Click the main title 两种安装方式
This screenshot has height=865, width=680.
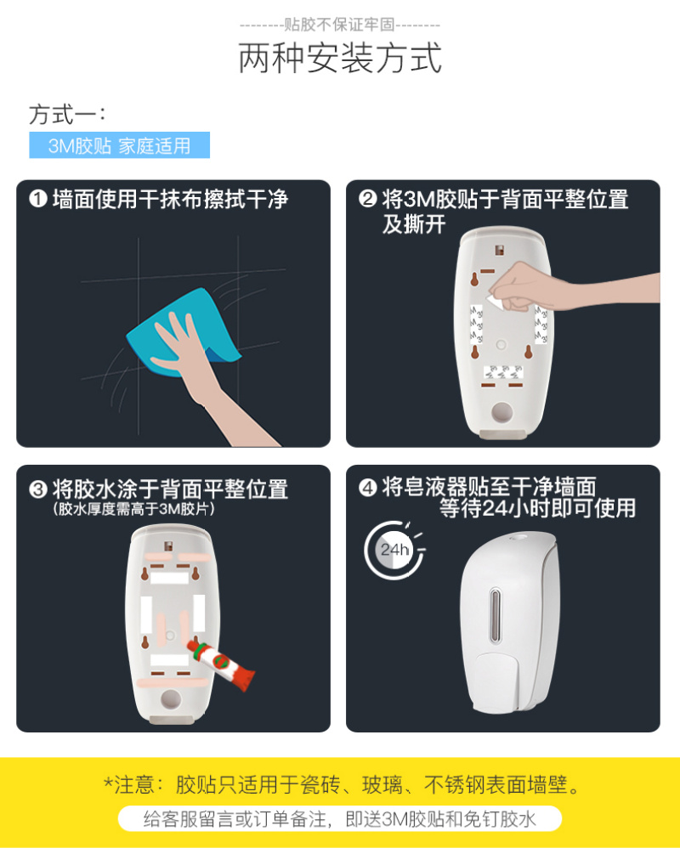pyautogui.click(x=340, y=58)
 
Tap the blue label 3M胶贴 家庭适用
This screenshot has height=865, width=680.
pyautogui.click(x=119, y=145)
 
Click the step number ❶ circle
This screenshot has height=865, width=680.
pyautogui.click(x=38, y=199)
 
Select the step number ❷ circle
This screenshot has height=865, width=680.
pyautogui.click(x=367, y=198)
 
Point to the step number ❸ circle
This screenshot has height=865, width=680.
pyautogui.click(x=38, y=489)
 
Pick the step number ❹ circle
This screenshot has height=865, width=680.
pyautogui.click(x=367, y=487)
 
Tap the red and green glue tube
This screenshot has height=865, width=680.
pyautogui.click(x=221, y=664)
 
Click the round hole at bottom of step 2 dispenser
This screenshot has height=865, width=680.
pyautogui.click(x=501, y=412)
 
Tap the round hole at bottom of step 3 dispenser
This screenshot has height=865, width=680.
pyautogui.click(x=171, y=699)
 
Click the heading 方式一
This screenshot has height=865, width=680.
pyautogui.click(x=67, y=115)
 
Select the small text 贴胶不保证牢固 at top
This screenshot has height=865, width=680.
pyautogui.click(x=339, y=25)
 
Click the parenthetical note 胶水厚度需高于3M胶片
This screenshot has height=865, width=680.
pyautogui.click(x=134, y=509)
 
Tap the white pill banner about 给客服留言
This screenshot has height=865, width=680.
pyautogui.click(x=340, y=818)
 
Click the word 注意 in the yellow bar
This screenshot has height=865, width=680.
pyautogui.click(x=134, y=784)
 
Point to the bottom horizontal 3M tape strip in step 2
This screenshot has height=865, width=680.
pyautogui.click(x=503, y=372)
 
